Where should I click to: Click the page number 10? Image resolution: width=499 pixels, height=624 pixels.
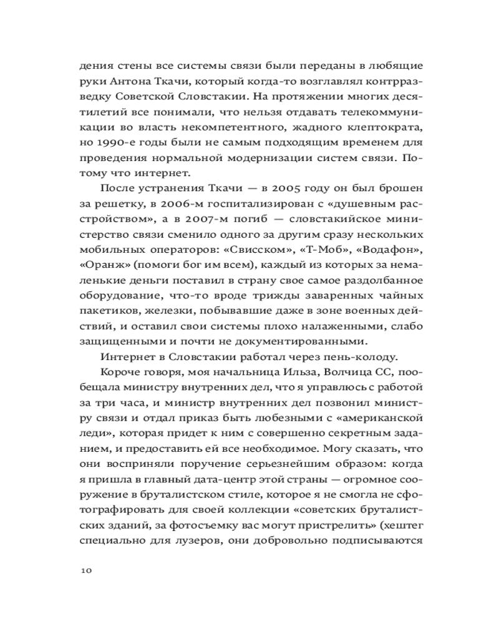(x=86, y=570)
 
